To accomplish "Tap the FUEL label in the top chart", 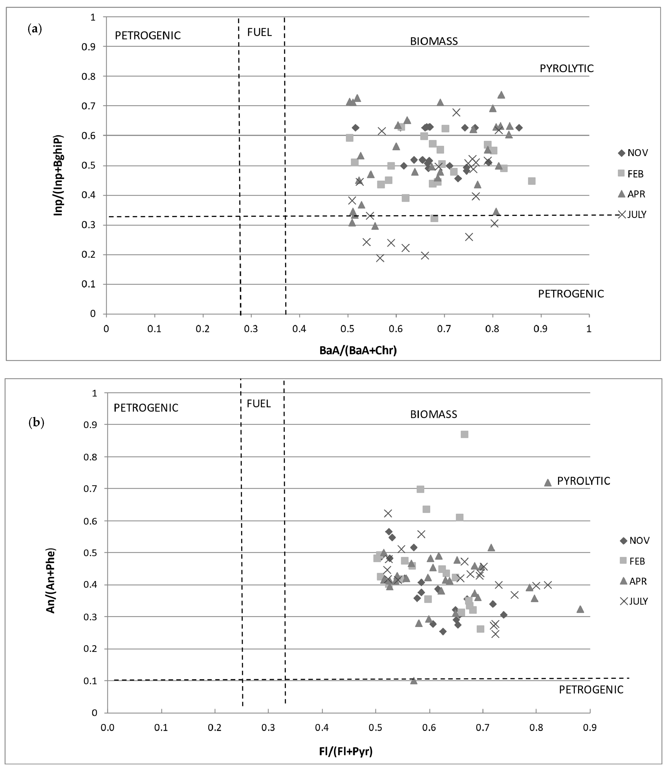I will coord(259,32).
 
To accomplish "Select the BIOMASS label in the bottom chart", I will coord(434,414).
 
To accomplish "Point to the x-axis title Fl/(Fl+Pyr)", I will coord(346,751).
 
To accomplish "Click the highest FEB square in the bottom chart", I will coord(465,434).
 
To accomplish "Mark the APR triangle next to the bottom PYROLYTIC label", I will coord(548,483).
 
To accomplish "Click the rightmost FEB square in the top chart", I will coord(532,181).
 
